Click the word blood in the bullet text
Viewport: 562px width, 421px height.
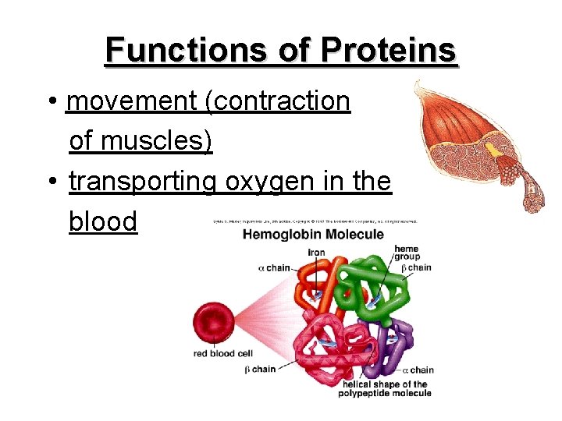(x=103, y=221)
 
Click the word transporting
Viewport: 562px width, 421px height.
(x=142, y=182)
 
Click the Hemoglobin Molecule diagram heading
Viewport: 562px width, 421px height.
(x=313, y=235)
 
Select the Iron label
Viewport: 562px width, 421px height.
(x=316, y=252)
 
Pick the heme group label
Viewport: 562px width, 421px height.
(x=407, y=253)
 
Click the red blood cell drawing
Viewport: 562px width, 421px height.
(x=212, y=323)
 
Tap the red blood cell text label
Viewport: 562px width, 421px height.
(x=223, y=353)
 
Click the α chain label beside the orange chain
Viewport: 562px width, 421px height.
(x=274, y=268)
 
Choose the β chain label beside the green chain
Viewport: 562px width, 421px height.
(x=416, y=267)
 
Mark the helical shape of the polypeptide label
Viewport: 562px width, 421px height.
(x=384, y=388)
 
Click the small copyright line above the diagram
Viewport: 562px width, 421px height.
(x=316, y=221)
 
